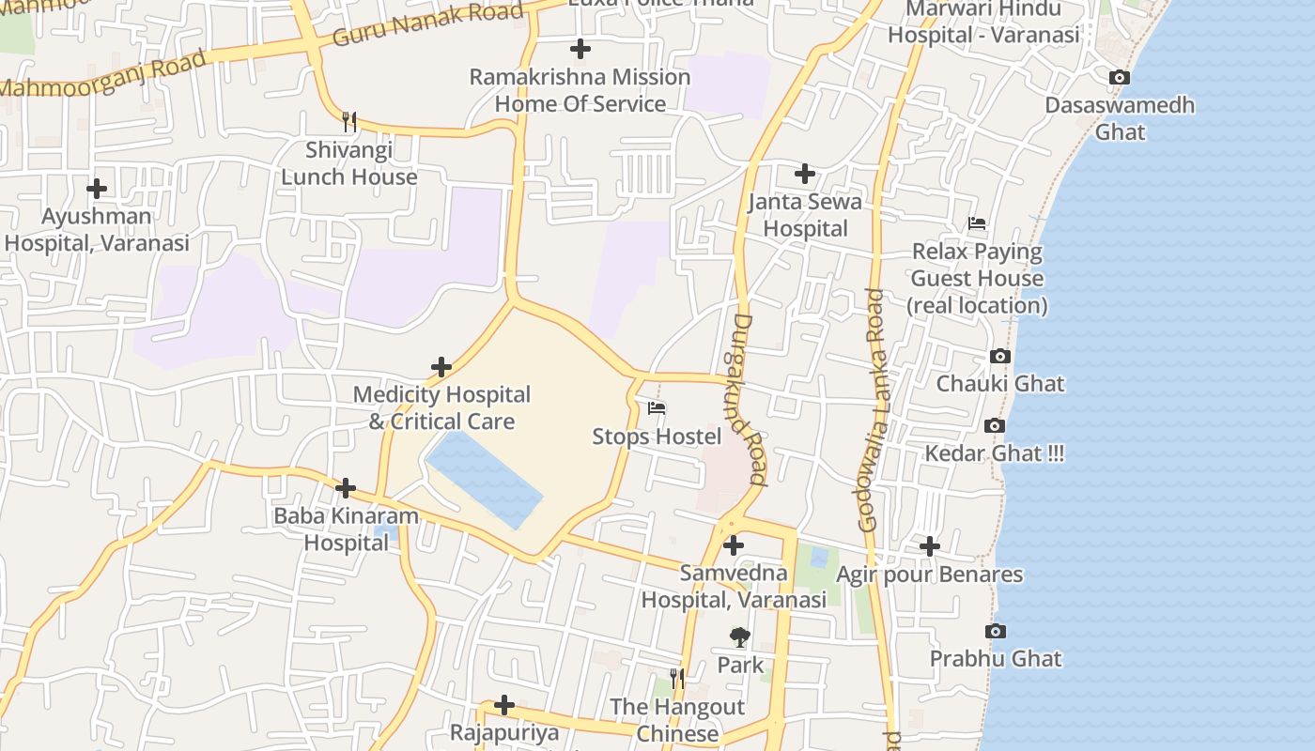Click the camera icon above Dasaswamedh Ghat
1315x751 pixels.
1119,78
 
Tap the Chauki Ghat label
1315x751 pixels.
1000,383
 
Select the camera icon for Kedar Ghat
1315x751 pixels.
995,426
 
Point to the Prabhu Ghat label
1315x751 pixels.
996,658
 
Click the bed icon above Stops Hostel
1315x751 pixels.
657,408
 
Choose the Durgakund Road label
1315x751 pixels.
747,399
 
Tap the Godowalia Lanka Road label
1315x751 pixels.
872,410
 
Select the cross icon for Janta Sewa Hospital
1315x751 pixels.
805,174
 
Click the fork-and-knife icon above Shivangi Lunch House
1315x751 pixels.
349,121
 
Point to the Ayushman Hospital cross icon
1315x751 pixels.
97,189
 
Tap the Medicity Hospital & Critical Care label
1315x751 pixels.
441,407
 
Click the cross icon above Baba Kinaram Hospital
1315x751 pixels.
346,488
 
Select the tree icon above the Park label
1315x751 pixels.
740,637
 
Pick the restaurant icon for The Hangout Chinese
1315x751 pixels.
677,678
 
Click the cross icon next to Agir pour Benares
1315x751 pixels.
929,545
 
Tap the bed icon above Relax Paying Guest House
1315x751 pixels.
977,223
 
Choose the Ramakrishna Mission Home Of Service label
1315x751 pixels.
580,90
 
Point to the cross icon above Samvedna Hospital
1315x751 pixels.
734,544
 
